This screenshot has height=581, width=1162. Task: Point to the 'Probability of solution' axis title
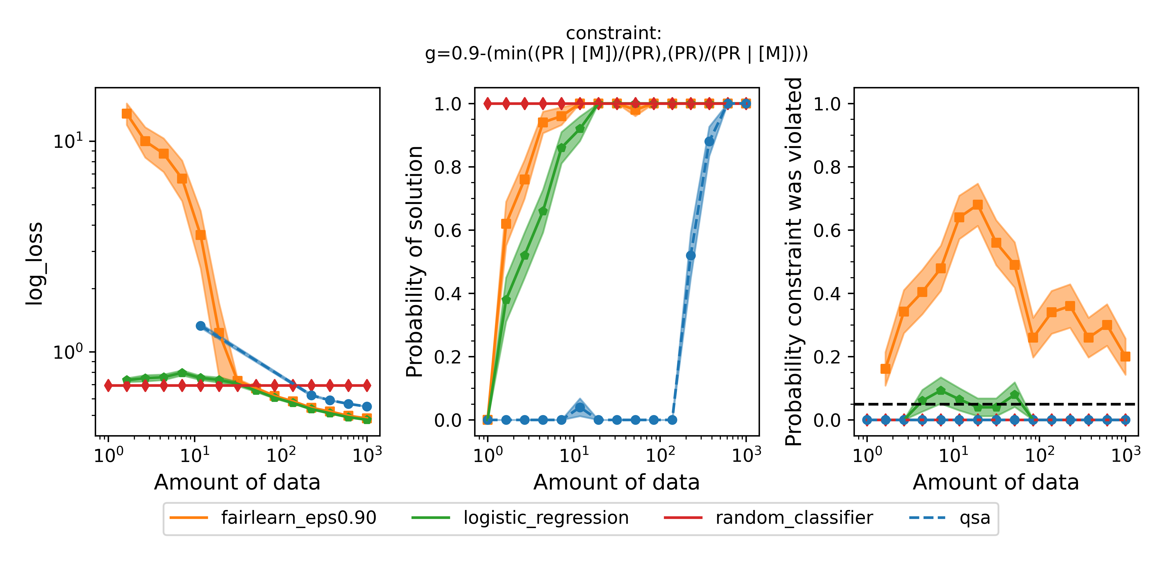[414, 262]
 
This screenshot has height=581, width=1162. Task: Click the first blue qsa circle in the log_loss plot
[201, 326]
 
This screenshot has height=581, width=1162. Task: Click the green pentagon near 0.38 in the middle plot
[506, 300]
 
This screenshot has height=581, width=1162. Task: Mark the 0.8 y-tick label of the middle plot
[448, 167]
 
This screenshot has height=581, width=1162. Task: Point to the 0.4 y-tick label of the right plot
[827, 294]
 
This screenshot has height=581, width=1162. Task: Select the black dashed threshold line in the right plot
[1083, 404]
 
